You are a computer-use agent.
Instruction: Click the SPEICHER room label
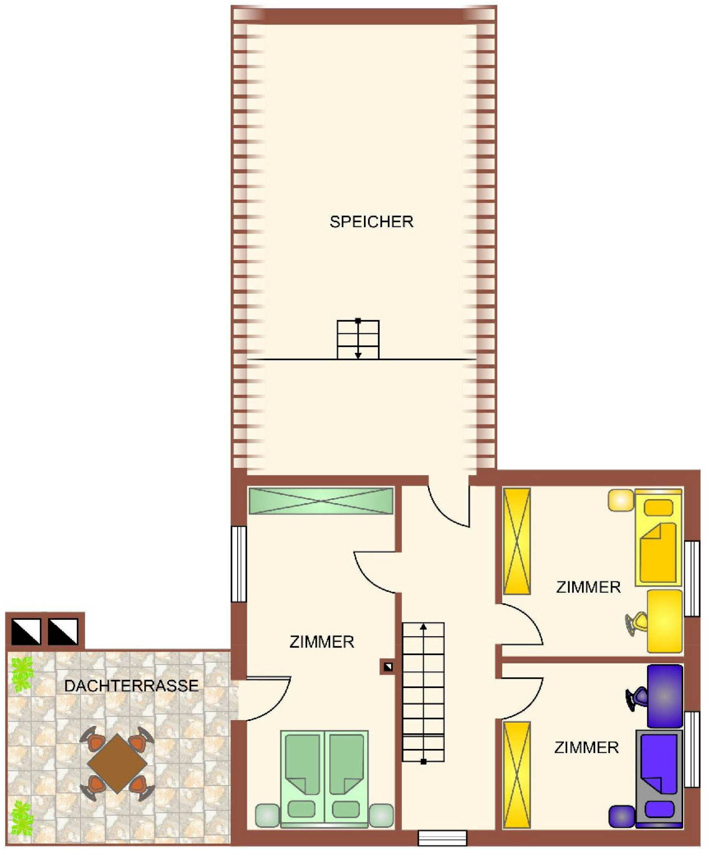coord(371,222)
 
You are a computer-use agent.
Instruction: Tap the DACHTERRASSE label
coord(131,685)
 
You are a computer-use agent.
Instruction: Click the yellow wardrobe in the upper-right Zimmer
coord(517,541)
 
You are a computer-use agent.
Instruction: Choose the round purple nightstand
coord(621,816)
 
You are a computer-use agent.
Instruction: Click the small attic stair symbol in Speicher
coord(358,340)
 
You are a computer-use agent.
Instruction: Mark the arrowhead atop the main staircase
coord(423,626)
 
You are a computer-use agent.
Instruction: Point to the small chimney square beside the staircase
coord(388,666)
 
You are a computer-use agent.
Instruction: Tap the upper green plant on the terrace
coord(21,676)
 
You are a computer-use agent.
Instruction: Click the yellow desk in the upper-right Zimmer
coord(665,621)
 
